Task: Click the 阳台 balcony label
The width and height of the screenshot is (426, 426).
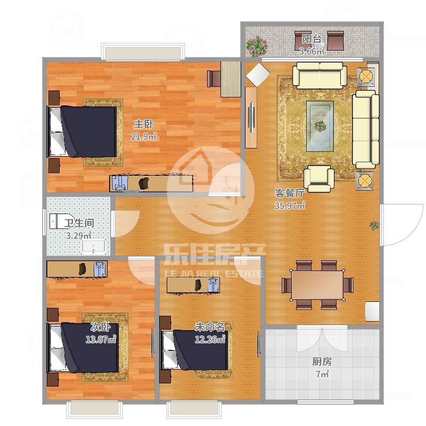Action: [312, 39]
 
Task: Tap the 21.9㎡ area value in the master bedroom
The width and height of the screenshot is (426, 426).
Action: [144, 136]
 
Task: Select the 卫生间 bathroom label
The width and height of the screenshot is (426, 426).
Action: [79, 223]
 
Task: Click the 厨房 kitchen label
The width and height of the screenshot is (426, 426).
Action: [322, 362]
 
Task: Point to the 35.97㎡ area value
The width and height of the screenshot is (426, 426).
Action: [290, 206]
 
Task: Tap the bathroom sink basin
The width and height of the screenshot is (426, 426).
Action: [94, 247]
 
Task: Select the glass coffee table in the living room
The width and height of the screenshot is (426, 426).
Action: [320, 126]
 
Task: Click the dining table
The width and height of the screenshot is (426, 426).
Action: [317, 285]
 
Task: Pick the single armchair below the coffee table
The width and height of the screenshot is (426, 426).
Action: [319, 178]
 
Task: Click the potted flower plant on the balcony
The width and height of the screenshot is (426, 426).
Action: [257, 46]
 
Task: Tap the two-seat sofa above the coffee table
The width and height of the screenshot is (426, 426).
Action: [319, 75]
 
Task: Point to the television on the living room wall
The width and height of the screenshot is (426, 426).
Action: [251, 117]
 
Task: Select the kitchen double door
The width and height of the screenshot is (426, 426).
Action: [322, 338]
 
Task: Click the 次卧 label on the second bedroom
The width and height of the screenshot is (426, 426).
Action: [100, 327]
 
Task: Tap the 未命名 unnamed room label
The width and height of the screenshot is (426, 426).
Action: [210, 327]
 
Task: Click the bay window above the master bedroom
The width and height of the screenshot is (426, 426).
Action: [143, 52]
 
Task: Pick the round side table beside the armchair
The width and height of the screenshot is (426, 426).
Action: [364, 181]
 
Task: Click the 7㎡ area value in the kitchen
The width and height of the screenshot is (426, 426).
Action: [322, 374]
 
